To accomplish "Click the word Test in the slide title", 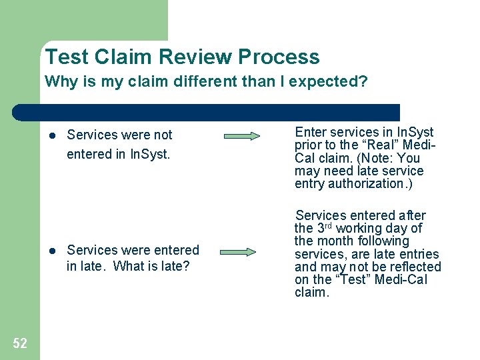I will [x=67, y=57].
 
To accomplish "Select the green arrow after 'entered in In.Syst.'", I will [x=242, y=136].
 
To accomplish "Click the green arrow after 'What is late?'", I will [x=239, y=253].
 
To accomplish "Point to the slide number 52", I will [x=20, y=343].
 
